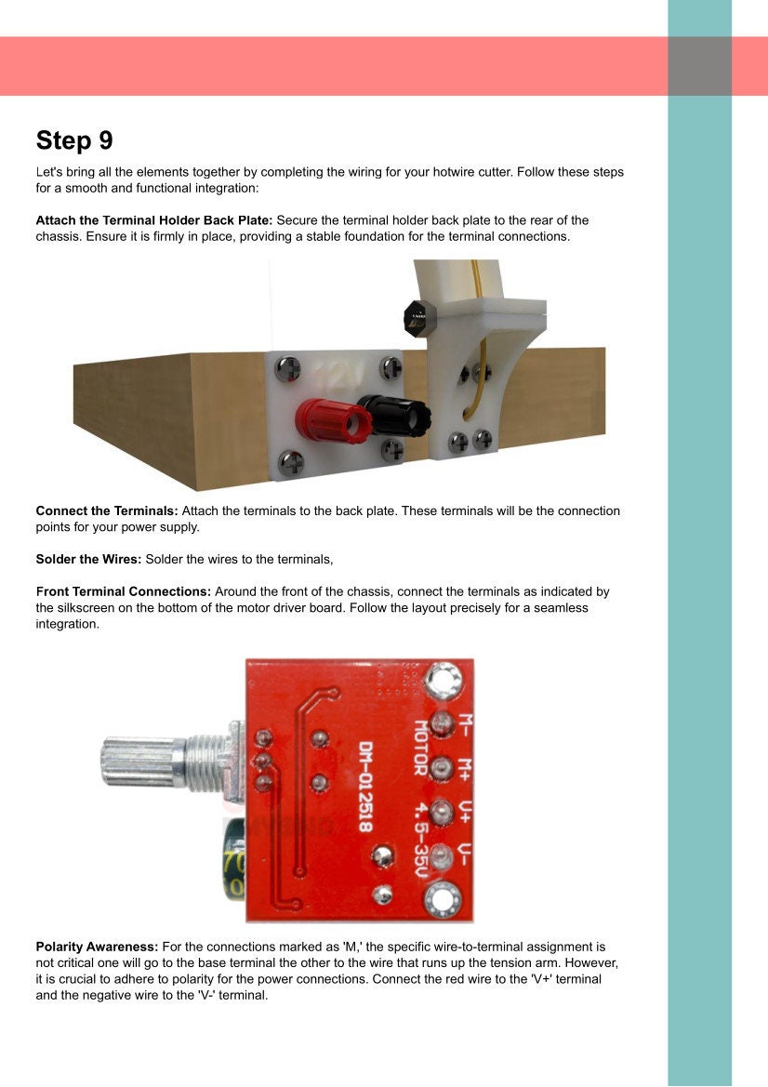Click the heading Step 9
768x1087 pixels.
pyautogui.click(x=74, y=140)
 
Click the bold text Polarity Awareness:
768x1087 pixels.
pyautogui.click(x=97, y=946)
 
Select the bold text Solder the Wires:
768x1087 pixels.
pyautogui.click(x=88, y=559)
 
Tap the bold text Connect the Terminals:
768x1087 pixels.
pyautogui.click(x=106, y=510)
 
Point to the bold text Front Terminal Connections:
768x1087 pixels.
pyautogui.click(x=124, y=591)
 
